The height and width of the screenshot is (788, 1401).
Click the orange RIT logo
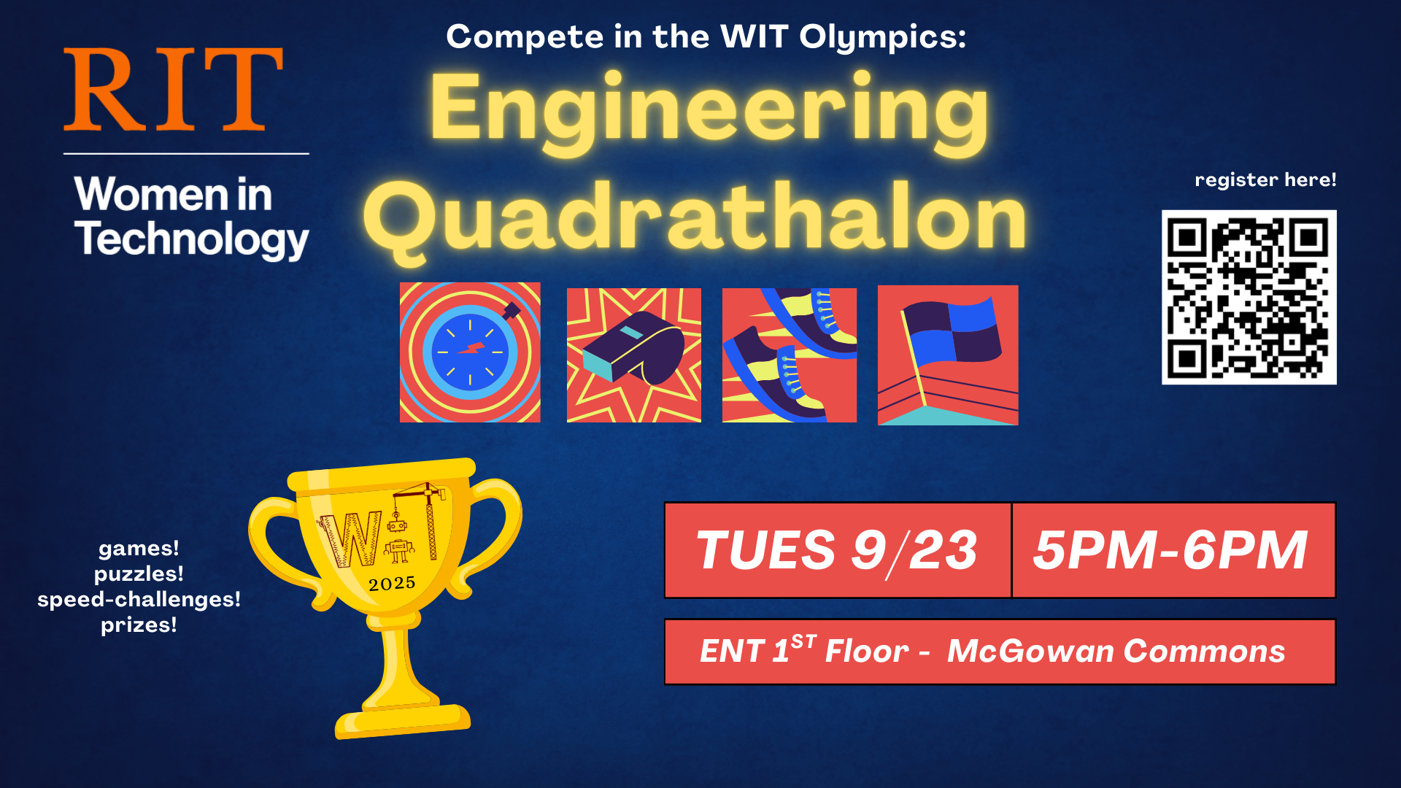173,89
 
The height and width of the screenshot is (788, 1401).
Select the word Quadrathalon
695,217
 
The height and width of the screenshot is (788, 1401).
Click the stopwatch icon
470,352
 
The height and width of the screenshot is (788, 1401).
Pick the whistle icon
633,355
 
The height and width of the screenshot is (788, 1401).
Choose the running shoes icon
789,355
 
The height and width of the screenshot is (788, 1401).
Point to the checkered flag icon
947,355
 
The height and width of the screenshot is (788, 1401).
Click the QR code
1248,297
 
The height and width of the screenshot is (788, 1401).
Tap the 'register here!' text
1265,179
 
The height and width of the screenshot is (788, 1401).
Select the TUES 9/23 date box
837,550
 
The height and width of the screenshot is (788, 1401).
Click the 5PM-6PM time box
1172,550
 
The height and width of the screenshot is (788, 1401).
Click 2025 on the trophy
392,584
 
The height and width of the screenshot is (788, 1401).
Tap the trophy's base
403,721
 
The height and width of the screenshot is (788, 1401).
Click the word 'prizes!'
139,625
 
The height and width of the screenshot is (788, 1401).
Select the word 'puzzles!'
139,574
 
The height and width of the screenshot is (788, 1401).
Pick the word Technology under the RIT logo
191,239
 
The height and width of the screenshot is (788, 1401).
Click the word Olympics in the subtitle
882,36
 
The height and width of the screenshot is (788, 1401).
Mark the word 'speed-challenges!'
139,600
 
